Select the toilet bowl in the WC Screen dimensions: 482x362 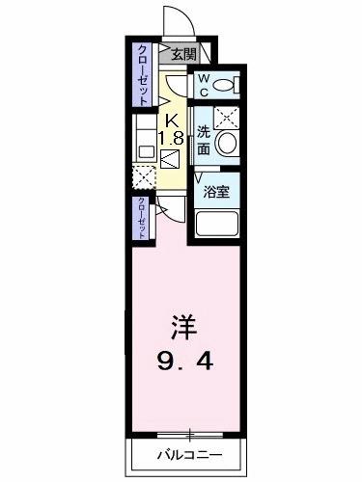[224, 85]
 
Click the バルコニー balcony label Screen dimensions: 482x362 [188, 453]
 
